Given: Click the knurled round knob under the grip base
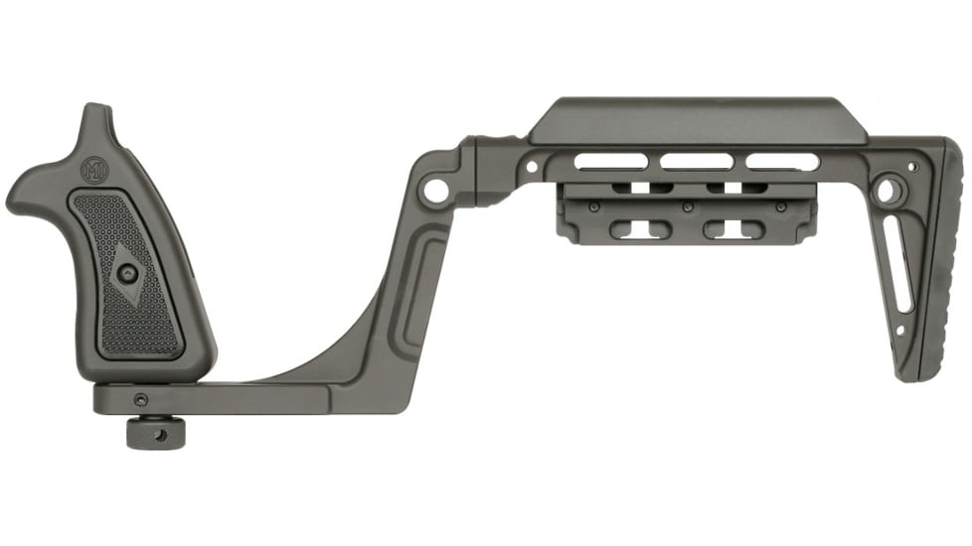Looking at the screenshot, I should point(146,433).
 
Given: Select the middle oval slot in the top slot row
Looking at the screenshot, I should point(699,161).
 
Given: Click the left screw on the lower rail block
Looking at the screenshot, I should point(593,206).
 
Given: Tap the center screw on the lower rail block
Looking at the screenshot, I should point(687,207).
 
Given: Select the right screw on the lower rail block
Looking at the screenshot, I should point(780,207).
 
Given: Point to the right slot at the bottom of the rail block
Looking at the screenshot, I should point(734,230).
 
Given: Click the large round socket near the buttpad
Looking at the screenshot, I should point(888,187).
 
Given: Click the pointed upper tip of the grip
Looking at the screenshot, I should point(97,112).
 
